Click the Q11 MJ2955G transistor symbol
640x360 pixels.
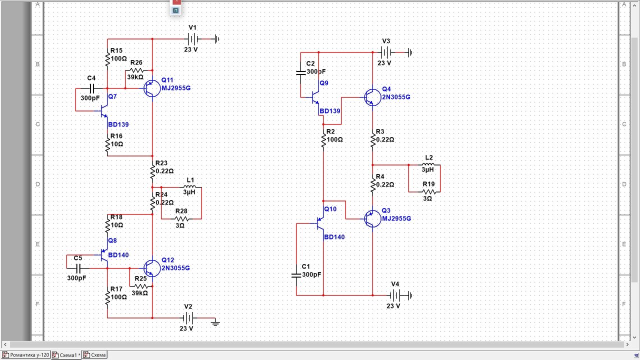tap(152, 88)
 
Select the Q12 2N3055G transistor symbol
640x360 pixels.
tap(152, 268)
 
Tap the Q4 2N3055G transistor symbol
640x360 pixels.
tap(372, 97)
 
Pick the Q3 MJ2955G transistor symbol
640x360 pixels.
tap(372, 219)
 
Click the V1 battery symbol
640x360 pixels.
tap(193, 39)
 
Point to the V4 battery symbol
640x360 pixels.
tap(395, 295)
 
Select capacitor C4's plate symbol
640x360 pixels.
tap(91, 88)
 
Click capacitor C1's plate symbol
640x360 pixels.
tap(296, 275)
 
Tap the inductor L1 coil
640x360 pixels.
tap(189, 187)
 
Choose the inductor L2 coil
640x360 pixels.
tap(428, 164)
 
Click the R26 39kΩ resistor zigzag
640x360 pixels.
tap(137, 70)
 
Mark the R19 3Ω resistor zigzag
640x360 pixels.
tap(429, 191)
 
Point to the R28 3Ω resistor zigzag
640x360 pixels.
tap(181, 219)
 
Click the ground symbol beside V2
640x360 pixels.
tap(215, 323)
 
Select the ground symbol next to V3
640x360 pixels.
tap(410, 52)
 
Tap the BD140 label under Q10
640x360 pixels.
tap(334, 237)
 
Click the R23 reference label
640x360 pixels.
tap(161, 163)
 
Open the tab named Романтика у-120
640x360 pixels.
tap(25, 355)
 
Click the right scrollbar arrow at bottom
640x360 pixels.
tap(627, 344)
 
